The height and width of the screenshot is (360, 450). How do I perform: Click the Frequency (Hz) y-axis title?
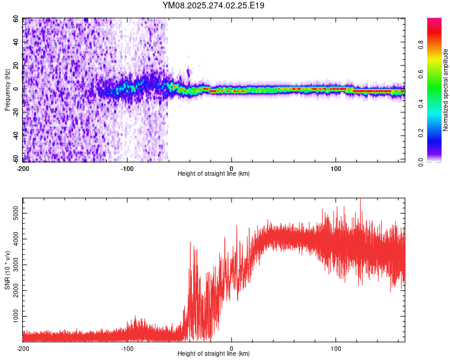pyautogui.click(x=8, y=90)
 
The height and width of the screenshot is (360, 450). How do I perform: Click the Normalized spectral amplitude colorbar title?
pyautogui.click(x=446, y=90)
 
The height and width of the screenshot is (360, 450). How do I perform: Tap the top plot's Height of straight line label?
pyautogui.click(x=214, y=173)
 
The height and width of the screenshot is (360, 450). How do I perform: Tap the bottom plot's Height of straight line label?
pyautogui.click(x=214, y=354)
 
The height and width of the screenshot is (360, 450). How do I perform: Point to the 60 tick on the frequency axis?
pyautogui.click(x=16, y=19)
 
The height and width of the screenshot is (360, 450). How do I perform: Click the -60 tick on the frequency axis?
pyautogui.click(x=15, y=161)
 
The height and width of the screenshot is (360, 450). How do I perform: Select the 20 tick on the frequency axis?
pyautogui.click(x=16, y=66)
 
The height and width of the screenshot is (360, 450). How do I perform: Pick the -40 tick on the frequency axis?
pyautogui.click(x=15, y=137)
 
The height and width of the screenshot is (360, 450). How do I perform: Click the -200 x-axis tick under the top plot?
pyautogui.click(x=23, y=167)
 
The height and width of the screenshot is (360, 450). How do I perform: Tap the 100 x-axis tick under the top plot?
pyautogui.click(x=336, y=167)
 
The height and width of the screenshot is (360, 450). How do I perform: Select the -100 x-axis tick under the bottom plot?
pyautogui.click(x=127, y=348)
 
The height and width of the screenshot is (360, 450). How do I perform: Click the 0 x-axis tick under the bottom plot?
pyautogui.click(x=232, y=348)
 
